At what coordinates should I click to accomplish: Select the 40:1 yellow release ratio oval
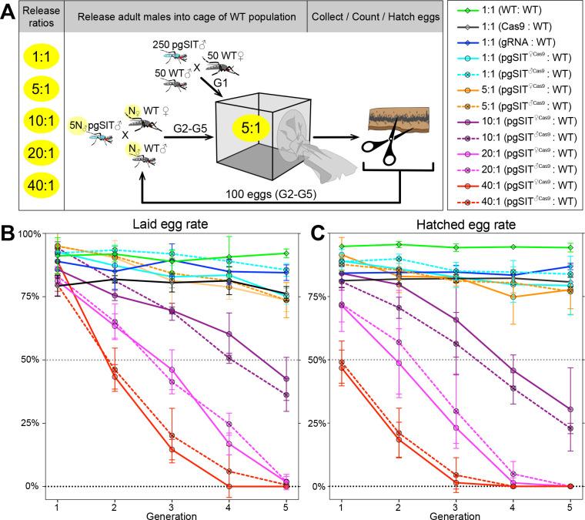(x=31, y=185)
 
